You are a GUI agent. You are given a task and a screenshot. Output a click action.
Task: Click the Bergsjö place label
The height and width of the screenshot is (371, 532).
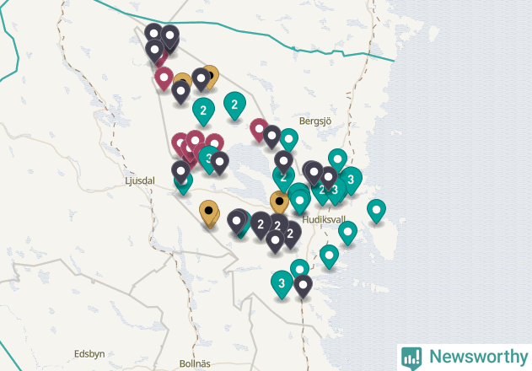tap(317, 121)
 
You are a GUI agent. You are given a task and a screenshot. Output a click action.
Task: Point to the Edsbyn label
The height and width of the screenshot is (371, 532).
tap(89, 354)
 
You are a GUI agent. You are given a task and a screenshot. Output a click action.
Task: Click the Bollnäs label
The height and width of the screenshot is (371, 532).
tap(195, 363)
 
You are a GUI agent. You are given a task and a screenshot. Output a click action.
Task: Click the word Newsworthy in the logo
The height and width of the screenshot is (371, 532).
tap(475, 357)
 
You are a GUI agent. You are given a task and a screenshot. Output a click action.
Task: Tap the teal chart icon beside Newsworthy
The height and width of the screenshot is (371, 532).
tap(411, 357)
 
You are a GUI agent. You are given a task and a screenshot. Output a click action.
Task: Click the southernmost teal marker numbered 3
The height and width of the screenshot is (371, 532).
tap(282, 282)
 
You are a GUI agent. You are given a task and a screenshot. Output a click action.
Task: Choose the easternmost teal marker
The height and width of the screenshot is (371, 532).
tap(376, 209)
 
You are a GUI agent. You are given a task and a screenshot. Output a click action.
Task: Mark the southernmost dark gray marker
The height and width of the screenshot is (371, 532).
tap(303, 285)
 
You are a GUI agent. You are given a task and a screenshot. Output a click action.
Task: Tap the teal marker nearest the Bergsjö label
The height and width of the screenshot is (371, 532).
tap(289, 138)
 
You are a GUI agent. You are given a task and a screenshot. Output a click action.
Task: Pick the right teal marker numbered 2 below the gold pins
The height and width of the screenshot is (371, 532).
tap(234, 104)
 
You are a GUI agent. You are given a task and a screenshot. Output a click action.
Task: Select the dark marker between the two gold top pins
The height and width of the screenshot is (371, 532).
tap(201, 78)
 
